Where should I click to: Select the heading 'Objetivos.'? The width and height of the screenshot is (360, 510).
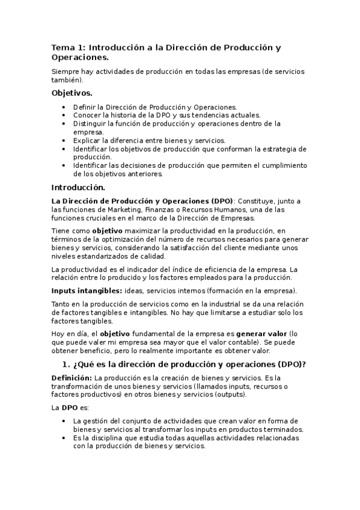coord(72,93)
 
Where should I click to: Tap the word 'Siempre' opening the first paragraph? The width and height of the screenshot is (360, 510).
coord(67,72)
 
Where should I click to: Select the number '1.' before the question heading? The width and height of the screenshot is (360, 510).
coord(67,364)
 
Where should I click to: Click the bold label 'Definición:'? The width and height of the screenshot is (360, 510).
coord(72,377)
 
